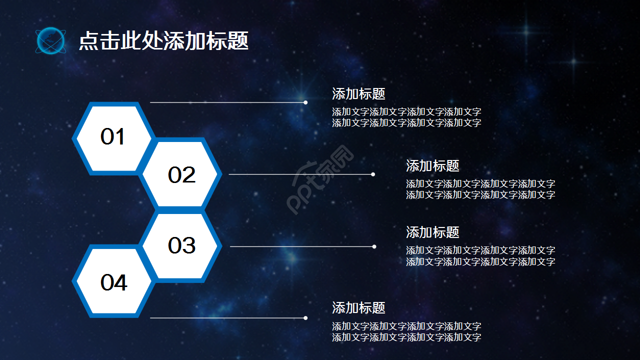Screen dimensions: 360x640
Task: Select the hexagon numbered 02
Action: coord(181,175)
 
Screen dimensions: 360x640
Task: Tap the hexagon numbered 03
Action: coord(181,245)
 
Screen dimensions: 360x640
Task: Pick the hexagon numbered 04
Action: coord(113,283)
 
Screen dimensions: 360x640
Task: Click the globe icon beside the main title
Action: coord(50,41)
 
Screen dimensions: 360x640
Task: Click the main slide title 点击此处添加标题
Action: coord(163,41)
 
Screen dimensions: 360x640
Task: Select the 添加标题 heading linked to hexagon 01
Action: coord(358,93)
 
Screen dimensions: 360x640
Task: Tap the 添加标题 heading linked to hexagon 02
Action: coord(432,165)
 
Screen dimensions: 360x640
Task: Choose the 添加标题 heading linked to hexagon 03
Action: coord(432,232)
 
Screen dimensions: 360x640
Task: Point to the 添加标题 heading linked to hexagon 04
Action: coord(358,307)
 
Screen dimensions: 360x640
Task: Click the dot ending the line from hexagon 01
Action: coord(305,102)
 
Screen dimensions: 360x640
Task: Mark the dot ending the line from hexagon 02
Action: coord(373,174)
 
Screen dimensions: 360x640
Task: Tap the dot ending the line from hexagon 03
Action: coord(374,246)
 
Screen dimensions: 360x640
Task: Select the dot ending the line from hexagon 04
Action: coord(305,317)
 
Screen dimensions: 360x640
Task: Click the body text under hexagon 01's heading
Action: coord(406,117)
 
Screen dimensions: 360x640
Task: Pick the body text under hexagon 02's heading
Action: coord(480,189)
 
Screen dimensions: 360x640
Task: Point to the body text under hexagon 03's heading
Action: coord(480,256)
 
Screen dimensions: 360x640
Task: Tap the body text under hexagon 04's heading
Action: coord(406,331)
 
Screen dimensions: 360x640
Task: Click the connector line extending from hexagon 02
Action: coord(300,174)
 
